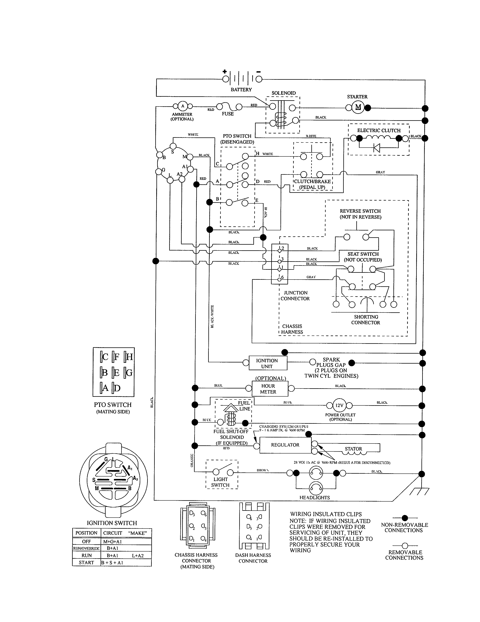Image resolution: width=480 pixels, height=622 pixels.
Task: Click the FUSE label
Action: tap(228, 114)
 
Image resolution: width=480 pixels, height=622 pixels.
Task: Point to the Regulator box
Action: tap(285, 445)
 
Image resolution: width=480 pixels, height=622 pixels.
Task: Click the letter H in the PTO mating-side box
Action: tap(129, 357)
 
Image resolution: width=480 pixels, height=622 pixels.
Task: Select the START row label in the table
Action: tap(86, 562)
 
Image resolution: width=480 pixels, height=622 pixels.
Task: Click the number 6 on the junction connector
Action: tap(282, 277)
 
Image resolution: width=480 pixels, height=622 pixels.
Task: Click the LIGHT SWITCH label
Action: tap(220, 482)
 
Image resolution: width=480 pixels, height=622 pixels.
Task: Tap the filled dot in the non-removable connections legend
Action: tap(405, 518)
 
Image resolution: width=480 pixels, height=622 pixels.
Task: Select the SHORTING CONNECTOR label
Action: tap(366, 319)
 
